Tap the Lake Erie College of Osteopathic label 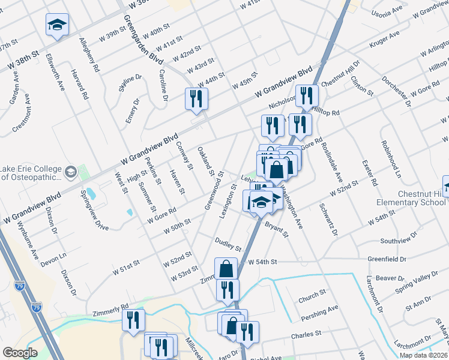31,173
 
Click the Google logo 20,353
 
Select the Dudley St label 229,244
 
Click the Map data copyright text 424,355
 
